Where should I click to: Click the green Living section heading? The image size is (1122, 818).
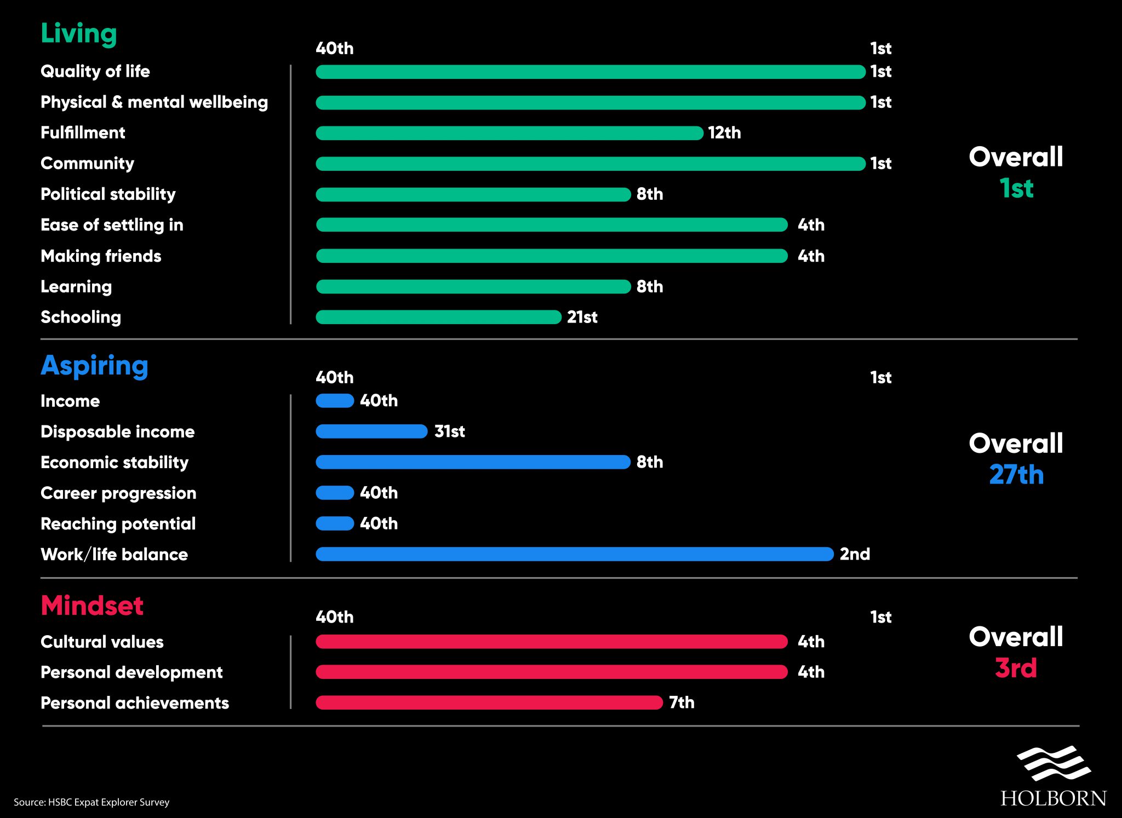pos(79,33)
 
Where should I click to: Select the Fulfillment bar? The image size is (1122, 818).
pos(510,133)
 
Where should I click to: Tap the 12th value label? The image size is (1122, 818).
pos(724,133)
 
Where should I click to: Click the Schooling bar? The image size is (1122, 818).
pos(438,317)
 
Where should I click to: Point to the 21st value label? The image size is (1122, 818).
pos(582,317)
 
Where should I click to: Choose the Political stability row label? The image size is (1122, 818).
pos(108,194)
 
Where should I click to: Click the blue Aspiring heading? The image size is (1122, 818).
pos(94,366)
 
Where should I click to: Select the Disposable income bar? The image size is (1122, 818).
pos(371,431)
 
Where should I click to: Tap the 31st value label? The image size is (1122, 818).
pos(449,431)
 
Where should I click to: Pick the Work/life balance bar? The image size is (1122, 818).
pos(574,554)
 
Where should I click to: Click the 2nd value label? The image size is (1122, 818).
pos(855,554)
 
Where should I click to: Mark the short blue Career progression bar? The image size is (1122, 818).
pos(335,493)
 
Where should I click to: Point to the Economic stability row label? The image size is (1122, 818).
pos(115,463)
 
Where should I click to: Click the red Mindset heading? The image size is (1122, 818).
pos(92,606)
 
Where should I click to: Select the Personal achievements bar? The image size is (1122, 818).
pos(489,702)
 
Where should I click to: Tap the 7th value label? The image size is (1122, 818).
pos(682,702)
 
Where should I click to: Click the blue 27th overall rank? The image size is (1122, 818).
pos(1016,475)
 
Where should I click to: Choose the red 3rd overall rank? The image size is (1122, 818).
pos(1016,668)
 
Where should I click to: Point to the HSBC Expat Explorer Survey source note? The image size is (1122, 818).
pos(91,802)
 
